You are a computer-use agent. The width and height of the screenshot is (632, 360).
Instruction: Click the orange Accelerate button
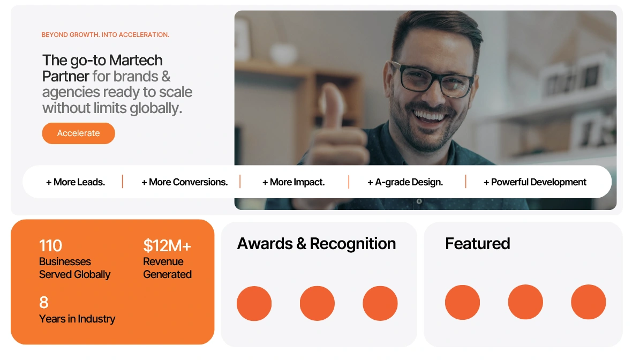(x=79, y=133)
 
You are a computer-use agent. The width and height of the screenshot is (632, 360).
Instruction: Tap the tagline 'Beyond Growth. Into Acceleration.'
(x=105, y=35)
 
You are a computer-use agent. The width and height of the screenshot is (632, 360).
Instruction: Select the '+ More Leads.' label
(x=76, y=182)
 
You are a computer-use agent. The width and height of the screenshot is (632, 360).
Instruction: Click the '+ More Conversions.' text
(x=185, y=182)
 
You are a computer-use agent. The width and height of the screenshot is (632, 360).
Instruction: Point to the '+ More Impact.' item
(x=294, y=182)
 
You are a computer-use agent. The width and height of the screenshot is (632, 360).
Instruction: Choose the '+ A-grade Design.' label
(x=405, y=182)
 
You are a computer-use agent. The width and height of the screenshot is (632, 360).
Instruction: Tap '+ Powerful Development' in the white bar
(x=535, y=182)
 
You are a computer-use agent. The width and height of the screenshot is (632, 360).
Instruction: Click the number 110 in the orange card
(x=50, y=245)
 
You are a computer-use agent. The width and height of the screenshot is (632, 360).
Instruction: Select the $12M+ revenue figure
(x=167, y=245)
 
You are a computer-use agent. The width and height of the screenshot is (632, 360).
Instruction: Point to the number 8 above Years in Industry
(x=44, y=302)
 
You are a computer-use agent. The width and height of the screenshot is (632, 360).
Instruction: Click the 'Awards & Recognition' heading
(x=317, y=244)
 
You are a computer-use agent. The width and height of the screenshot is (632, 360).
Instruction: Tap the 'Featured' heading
(x=478, y=244)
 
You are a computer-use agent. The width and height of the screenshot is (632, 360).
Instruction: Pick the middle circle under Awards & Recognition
(x=317, y=303)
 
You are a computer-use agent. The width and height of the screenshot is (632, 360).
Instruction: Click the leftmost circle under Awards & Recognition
(x=254, y=303)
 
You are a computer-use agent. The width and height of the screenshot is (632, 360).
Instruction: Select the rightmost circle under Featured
(x=589, y=302)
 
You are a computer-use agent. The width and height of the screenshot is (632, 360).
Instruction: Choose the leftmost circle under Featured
(x=462, y=302)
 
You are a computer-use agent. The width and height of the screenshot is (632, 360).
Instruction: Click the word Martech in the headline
(x=136, y=61)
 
